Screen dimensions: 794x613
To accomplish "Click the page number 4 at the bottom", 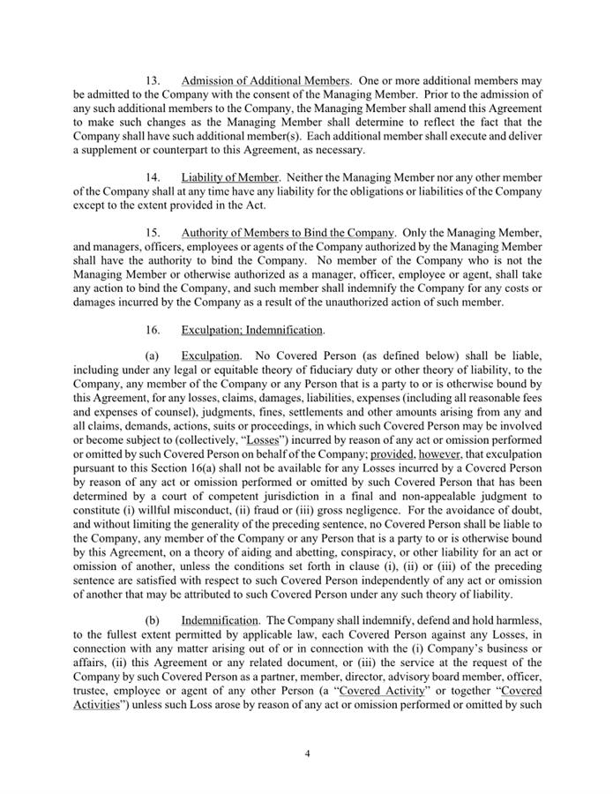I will tap(307, 754).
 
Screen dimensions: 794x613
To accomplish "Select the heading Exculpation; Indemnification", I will tap(252, 330).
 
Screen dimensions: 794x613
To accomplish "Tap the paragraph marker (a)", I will tap(154, 357).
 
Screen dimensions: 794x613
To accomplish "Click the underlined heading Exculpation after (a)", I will tap(210, 357).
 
